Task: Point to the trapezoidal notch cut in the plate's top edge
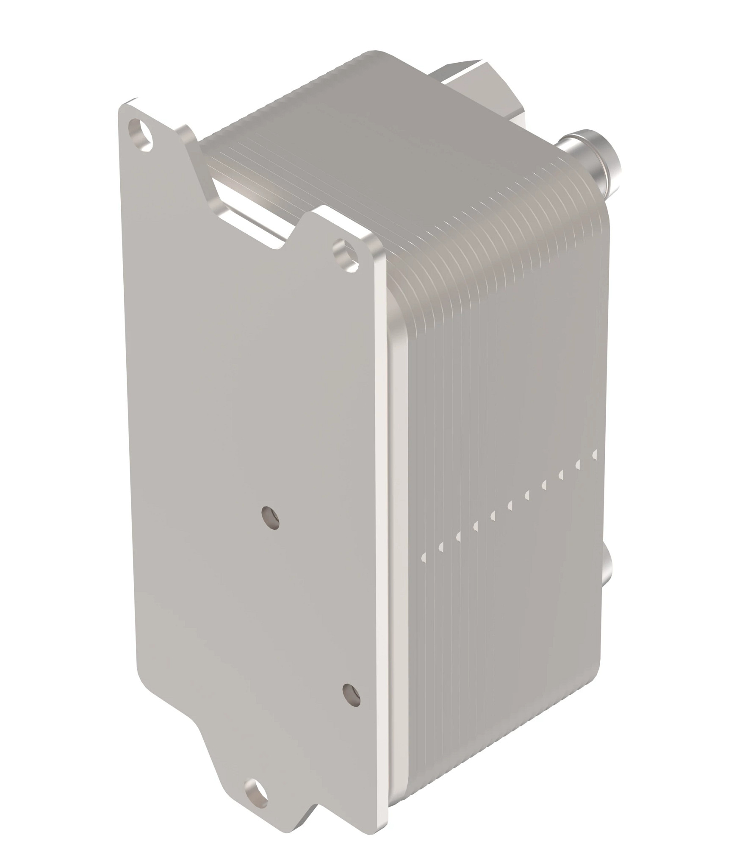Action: click(x=254, y=220)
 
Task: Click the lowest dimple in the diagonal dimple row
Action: click(x=423, y=557)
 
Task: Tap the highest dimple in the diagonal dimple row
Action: click(x=595, y=454)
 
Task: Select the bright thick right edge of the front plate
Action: click(x=380, y=509)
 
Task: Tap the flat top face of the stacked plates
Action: click(x=402, y=140)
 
